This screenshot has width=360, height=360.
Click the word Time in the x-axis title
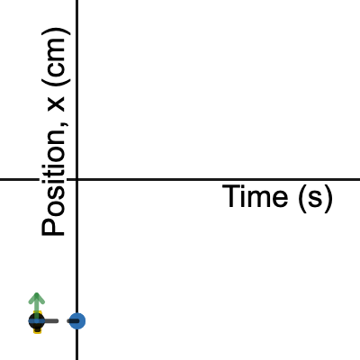(255, 196)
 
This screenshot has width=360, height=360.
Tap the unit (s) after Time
(315, 198)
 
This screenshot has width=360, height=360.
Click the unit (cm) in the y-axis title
(56, 57)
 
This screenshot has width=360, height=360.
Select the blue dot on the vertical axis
(77, 321)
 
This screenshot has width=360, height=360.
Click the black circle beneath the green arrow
(37, 321)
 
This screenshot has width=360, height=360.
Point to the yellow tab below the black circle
(37, 330)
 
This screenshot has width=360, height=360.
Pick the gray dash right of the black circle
(51, 321)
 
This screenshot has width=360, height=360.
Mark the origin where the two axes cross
(77, 179)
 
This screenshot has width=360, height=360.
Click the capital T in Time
(230, 196)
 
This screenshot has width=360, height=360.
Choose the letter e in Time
(280, 199)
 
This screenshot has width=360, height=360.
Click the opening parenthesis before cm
(56, 79)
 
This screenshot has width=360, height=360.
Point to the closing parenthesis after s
(328, 199)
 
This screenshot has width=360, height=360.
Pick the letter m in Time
(259, 199)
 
